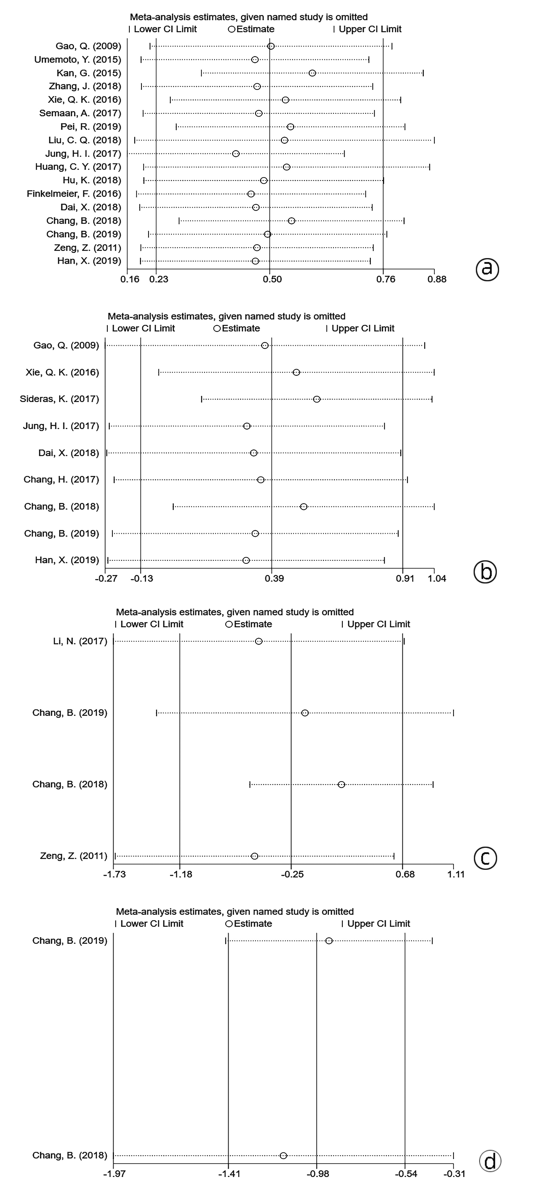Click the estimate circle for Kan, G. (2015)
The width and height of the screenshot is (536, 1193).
click(x=312, y=73)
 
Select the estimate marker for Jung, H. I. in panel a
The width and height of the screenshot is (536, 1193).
click(x=236, y=154)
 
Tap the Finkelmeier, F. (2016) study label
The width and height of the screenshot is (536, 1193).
click(x=74, y=194)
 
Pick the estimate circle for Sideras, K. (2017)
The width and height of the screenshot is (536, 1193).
click(x=317, y=399)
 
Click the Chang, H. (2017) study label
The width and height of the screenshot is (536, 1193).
click(x=61, y=479)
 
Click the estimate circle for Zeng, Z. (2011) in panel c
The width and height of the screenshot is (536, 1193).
click(x=254, y=856)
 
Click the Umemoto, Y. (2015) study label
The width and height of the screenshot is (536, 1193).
click(x=78, y=60)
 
